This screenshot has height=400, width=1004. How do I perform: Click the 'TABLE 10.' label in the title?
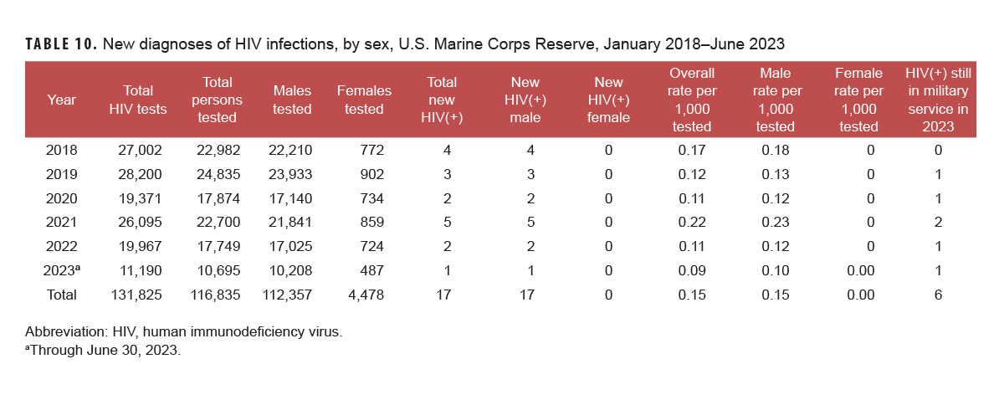[x=61, y=44]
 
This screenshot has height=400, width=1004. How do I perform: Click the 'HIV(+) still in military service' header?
[x=938, y=100]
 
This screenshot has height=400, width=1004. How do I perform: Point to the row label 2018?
[x=61, y=151]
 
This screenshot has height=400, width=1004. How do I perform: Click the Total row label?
[x=61, y=295]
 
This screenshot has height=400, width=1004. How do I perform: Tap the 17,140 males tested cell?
[x=289, y=199]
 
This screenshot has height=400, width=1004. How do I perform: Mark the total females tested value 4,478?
[x=363, y=295]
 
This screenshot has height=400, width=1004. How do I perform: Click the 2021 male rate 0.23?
[x=776, y=223]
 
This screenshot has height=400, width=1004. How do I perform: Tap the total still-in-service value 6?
[x=938, y=295]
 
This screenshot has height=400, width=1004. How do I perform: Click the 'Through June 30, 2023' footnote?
[x=104, y=350]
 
